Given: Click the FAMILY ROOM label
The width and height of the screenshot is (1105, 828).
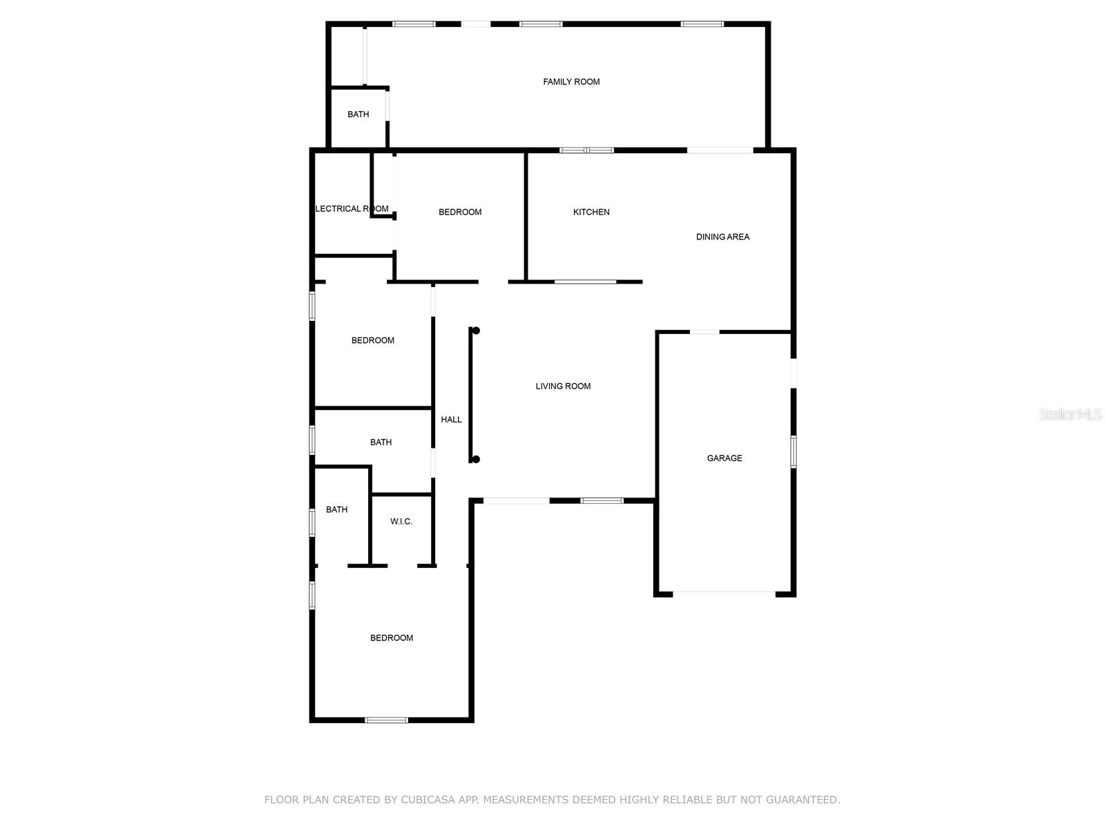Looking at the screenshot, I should [571, 82].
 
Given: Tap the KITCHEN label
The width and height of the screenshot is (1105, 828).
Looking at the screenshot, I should [591, 212].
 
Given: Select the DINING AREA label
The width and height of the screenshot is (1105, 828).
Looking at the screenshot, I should [722, 237].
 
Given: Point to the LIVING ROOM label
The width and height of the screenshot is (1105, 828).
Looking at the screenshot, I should [563, 386].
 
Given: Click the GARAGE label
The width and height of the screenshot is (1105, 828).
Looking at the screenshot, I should [724, 458].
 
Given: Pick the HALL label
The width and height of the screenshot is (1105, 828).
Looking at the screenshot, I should [451, 420].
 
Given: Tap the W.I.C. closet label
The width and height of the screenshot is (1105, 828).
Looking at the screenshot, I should [401, 522].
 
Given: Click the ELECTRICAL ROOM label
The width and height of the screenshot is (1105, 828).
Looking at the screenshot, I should [352, 208].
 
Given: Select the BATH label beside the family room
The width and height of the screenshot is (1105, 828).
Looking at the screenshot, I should [358, 115].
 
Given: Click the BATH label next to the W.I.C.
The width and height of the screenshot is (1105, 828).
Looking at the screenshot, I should [336, 510].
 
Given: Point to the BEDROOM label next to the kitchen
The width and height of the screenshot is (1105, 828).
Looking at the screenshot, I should [460, 212].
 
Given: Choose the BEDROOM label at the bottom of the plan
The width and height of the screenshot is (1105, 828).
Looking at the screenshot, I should [392, 638].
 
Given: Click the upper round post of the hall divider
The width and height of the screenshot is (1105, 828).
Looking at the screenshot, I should [476, 331].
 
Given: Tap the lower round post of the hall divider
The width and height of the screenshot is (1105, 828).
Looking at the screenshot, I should [476, 460].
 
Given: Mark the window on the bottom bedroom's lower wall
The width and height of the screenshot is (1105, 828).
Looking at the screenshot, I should [386, 720].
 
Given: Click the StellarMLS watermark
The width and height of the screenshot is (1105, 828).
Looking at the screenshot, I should [1070, 414].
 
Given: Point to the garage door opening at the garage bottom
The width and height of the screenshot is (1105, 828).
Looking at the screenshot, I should [724, 592].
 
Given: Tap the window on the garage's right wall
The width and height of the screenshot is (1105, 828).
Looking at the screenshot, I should [794, 451].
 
